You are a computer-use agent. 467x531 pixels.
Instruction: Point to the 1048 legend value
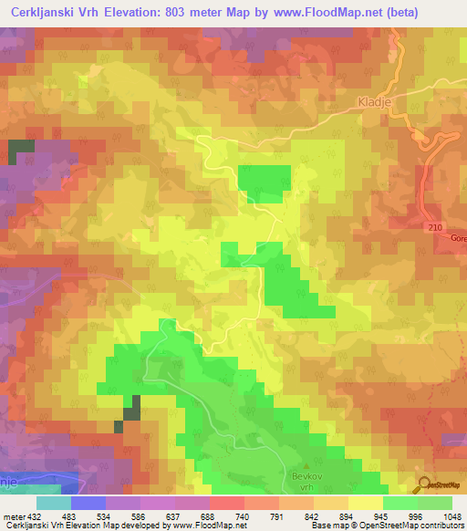[x=451, y=516]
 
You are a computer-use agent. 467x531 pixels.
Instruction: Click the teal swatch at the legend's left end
[x=54, y=503]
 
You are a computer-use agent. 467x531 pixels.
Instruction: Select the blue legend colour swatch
[x=88, y=503]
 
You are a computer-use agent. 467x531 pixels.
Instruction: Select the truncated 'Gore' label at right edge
[x=456, y=235]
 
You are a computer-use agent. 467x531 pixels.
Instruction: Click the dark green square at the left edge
[x=21, y=151]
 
